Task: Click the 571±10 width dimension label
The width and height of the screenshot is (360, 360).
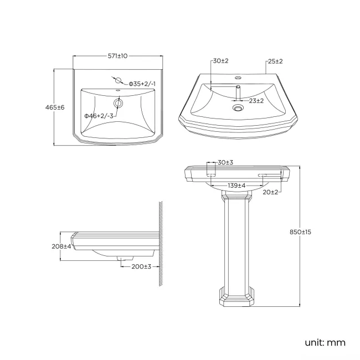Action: pyautogui.click(x=118, y=56)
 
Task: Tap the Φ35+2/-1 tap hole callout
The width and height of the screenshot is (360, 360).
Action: pyautogui.click(x=143, y=84)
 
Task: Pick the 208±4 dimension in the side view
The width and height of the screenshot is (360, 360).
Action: pyautogui.click(x=61, y=246)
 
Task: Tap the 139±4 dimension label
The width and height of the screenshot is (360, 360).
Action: pyautogui.click(x=236, y=184)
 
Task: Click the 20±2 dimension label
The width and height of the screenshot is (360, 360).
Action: pyautogui.click(x=271, y=192)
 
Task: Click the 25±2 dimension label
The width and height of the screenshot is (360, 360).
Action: pyautogui.click(x=275, y=60)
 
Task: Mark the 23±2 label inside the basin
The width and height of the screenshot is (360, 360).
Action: pyautogui.click(x=256, y=100)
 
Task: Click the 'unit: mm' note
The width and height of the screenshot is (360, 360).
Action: pyautogui.click(x=325, y=342)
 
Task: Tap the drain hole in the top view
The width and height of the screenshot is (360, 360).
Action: pyautogui.click(x=118, y=103)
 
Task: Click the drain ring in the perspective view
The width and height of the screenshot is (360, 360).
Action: pyautogui.click(x=239, y=108)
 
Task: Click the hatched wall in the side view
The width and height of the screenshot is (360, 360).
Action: pyautogui.click(x=160, y=244)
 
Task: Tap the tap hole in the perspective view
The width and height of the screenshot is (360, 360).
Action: pyautogui.click(x=239, y=78)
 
